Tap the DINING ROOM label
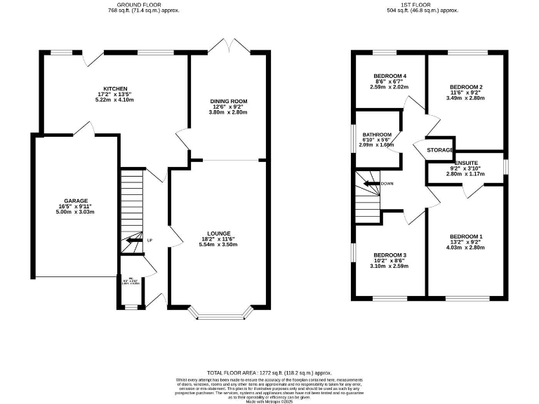(x=229, y=101)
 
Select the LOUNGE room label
(x=219, y=233)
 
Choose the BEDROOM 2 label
(x=466, y=87)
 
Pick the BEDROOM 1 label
(x=466, y=236)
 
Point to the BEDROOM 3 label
(x=390, y=255)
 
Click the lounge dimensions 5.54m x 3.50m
(x=219, y=245)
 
